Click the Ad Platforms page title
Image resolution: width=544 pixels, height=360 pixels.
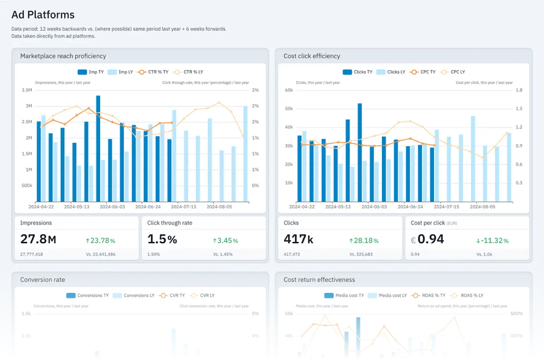(x=43, y=15)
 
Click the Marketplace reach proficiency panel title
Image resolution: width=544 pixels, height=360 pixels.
(x=63, y=56)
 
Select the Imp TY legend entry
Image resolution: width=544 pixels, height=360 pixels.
(x=92, y=72)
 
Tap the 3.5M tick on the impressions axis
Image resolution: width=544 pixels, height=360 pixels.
(x=26, y=90)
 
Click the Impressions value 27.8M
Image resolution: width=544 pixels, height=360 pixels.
(x=38, y=239)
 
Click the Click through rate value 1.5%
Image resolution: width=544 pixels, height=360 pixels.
(x=162, y=239)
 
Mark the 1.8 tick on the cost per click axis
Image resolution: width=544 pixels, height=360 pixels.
(x=519, y=90)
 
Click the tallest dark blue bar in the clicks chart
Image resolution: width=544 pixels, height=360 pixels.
(x=359, y=152)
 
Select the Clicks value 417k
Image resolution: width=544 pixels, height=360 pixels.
(x=299, y=239)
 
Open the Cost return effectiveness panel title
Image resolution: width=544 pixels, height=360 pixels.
(x=319, y=280)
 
